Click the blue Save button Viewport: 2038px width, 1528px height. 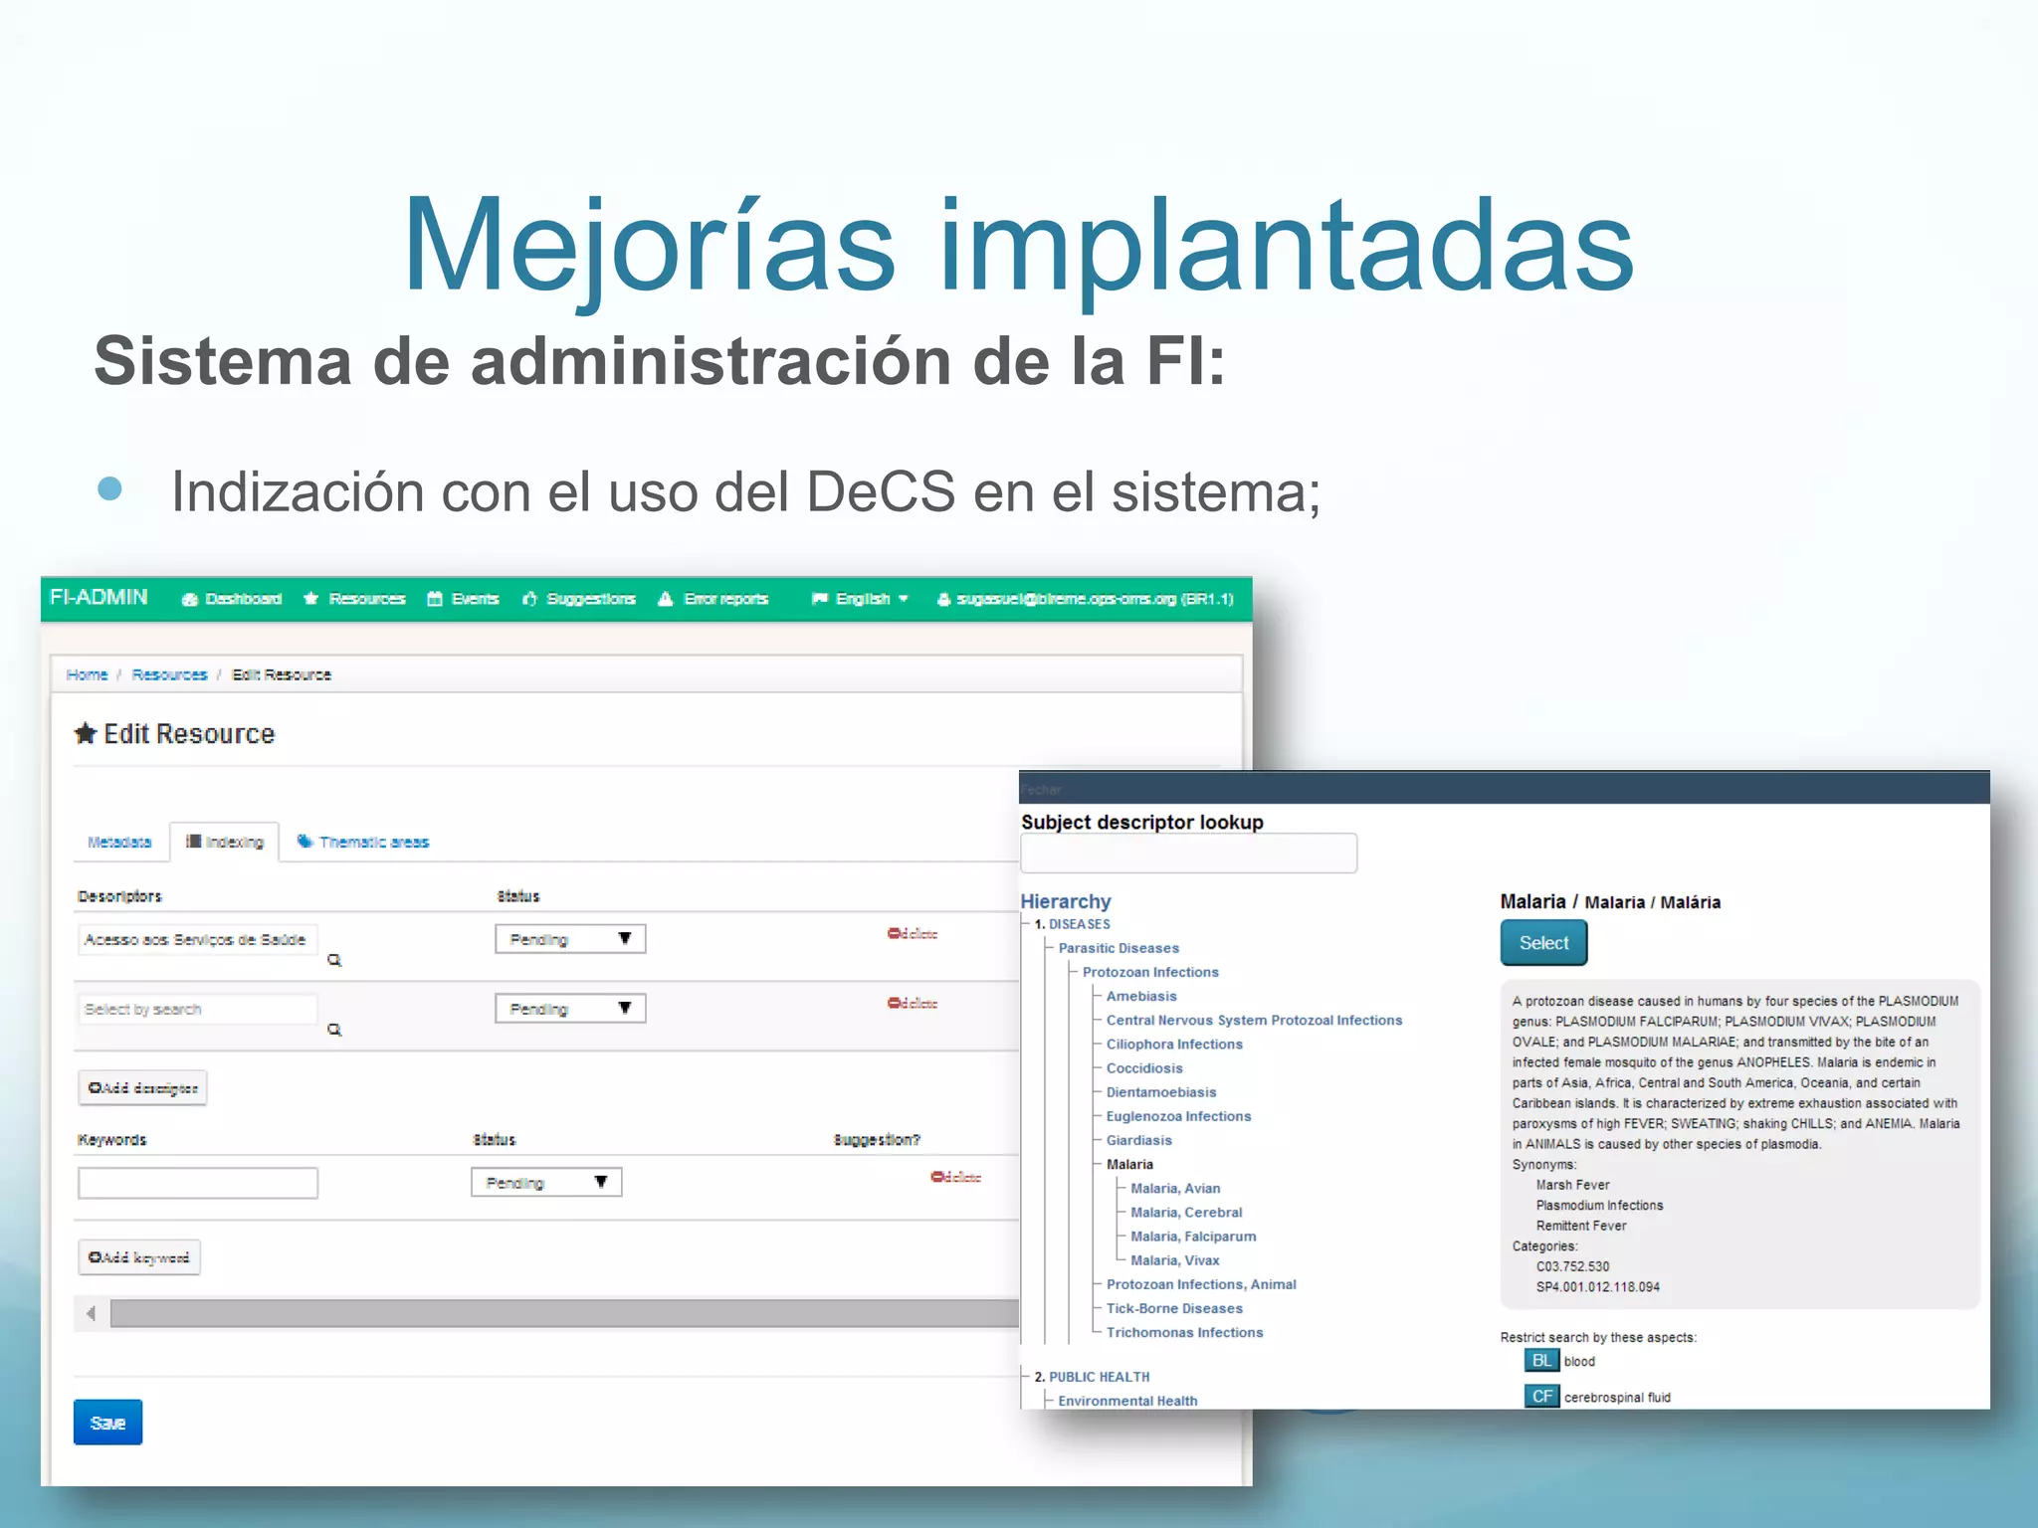[x=107, y=1423]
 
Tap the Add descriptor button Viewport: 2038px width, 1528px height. [x=142, y=1088]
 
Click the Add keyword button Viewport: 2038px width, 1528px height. [x=139, y=1258]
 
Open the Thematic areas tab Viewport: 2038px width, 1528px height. [x=364, y=843]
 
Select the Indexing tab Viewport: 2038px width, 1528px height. [x=225, y=843]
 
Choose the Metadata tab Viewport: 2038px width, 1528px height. [x=119, y=843]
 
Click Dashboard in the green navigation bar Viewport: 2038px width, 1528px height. [x=232, y=599]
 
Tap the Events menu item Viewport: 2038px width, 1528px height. [x=464, y=599]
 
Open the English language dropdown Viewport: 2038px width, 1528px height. [x=861, y=599]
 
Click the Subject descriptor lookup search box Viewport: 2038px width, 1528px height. [x=1188, y=854]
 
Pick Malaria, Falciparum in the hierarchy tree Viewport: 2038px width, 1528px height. [x=1193, y=1237]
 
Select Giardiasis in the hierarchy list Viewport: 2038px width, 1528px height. [x=1138, y=1141]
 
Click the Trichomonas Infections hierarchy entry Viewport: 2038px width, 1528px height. [x=1184, y=1333]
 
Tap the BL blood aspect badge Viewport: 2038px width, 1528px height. [x=1541, y=1362]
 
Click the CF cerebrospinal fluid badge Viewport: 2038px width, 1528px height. [x=1541, y=1397]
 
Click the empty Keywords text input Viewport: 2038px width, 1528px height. [x=198, y=1184]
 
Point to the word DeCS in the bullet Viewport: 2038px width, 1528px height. [x=881, y=491]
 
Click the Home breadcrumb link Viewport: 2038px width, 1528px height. [x=87, y=675]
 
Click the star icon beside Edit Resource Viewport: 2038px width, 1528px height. [x=86, y=734]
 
